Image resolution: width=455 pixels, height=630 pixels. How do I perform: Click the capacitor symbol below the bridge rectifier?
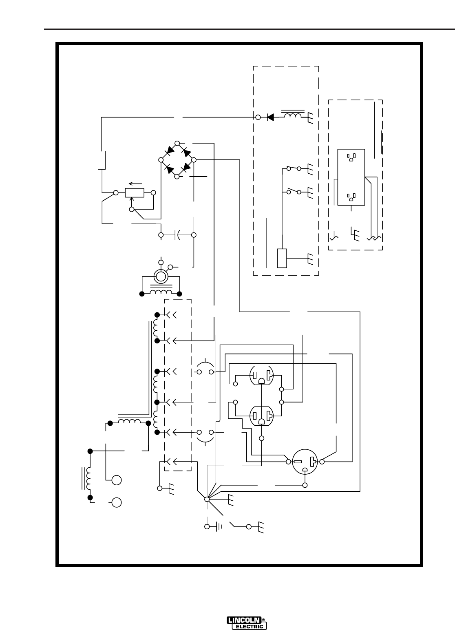click(x=177, y=235)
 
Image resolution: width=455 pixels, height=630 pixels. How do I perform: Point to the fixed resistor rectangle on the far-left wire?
click(x=102, y=160)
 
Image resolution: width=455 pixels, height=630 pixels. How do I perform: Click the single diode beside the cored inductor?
click(x=270, y=117)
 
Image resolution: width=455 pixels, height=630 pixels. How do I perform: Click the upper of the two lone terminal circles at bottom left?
click(x=117, y=480)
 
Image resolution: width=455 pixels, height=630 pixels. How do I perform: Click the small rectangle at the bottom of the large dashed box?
click(x=282, y=258)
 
